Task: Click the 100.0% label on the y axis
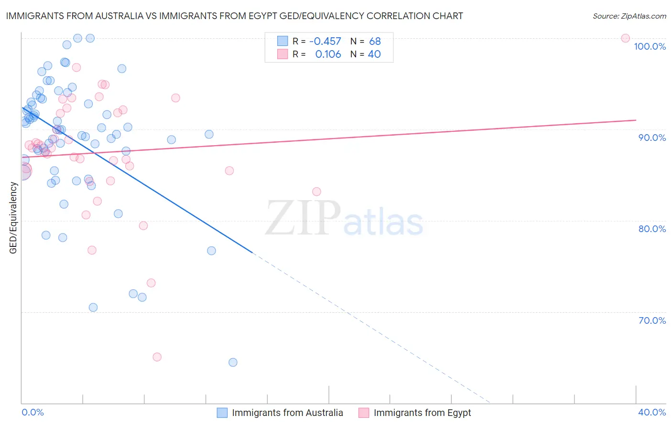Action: pyautogui.click(x=650, y=46)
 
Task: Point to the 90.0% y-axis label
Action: pyautogui.click(x=652, y=138)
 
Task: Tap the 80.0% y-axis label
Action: pyautogui.click(x=652, y=229)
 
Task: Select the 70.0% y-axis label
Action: pyautogui.click(x=652, y=320)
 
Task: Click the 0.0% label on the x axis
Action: pyautogui.click(x=33, y=412)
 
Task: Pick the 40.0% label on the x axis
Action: pyautogui.click(x=652, y=412)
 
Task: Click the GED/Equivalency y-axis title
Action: pyautogui.click(x=13, y=218)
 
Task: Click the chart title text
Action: pyautogui.click(x=234, y=16)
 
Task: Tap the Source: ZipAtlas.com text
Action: pyautogui.click(x=629, y=16)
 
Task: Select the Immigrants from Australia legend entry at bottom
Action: pyautogui.click(x=287, y=413)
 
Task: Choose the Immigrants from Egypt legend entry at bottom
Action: pyautogui.click(x=422, y=413)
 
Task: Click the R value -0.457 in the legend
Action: pyautogui.click(x=325, y=42)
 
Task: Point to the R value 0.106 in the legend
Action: pyautogui.click(x=328, y=54)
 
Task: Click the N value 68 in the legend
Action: pyautogui.click(x=375, y=42)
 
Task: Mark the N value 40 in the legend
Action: pyautogui.click(x=374, y=54)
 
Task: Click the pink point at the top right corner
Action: pyautogui.click(x=625, y=38)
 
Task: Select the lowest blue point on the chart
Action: pyautogui.click(x=233, y=362)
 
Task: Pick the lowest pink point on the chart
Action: pyautogui.click(x=157, y=357)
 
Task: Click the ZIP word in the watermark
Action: pyautogui.click(x=303, y=219)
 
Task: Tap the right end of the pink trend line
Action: pyautogui.click(x=636, y=120)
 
